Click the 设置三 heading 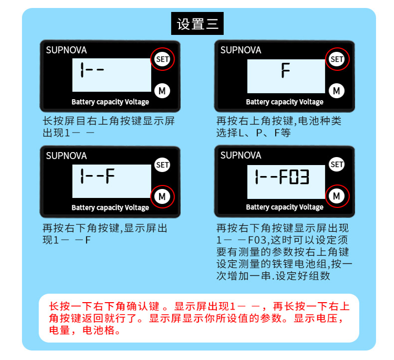click(x=197, y=23)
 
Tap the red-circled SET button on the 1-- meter click(x=162, y=59)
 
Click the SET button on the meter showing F click(x=337, y=59)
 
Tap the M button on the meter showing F click(x=337, y=91)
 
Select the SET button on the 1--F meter click(x=162, y=165)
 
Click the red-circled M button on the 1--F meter click(x=162, y=196)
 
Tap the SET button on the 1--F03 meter click(x=337, y=165)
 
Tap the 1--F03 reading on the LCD click(x=282, y=177)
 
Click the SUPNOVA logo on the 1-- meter click(x=66, y=50)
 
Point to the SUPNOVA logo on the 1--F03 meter click(x=241, y=156)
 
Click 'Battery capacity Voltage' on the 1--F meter click(x=110, y=207)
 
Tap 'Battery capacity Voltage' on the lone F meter click(x=285, y=102)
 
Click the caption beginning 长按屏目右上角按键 click(x=109, y=127)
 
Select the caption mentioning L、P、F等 click(x=279, y=127)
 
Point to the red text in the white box click(x=198, y=318)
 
